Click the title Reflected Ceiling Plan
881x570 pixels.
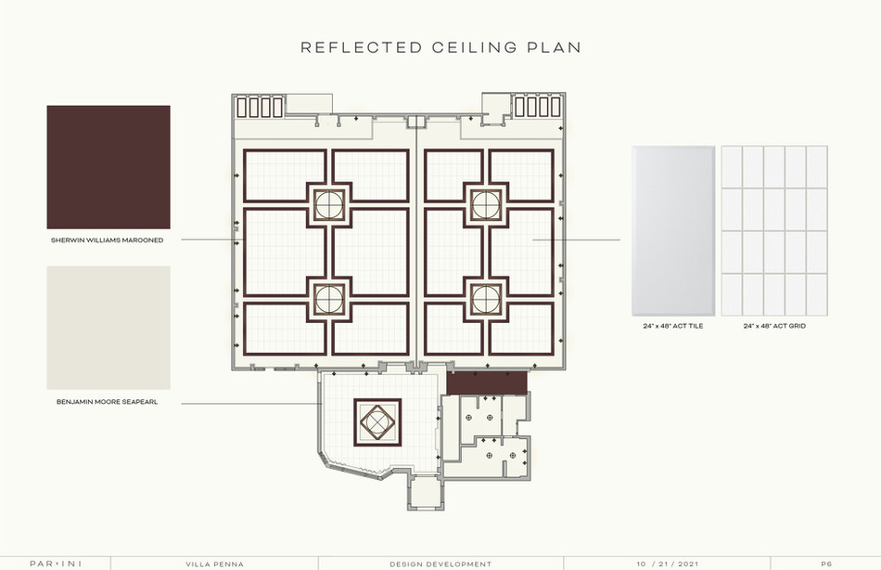tap(440, 47)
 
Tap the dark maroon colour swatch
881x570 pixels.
tap(109, 166)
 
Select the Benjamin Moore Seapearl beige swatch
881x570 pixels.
tap(109, 328)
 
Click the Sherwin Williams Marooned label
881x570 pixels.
tap(108, 240)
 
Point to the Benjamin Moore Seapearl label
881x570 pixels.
tap(109, 404)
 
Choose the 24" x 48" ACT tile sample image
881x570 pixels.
tap(673, 230)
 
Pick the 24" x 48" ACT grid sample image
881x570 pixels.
tap(774, 230)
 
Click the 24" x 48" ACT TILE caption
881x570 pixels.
tap(673, 327)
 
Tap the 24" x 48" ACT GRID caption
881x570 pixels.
tap(774, 327)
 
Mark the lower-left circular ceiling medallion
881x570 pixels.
tap(328, 298)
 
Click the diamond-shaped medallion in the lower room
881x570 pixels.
tap(377, 422)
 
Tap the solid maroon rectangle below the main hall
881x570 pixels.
tap(487, 382)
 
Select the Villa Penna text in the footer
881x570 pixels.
tap(214, 564)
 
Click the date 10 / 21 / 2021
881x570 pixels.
tap(668, 564)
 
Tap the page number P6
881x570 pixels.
tap(826, 564)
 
